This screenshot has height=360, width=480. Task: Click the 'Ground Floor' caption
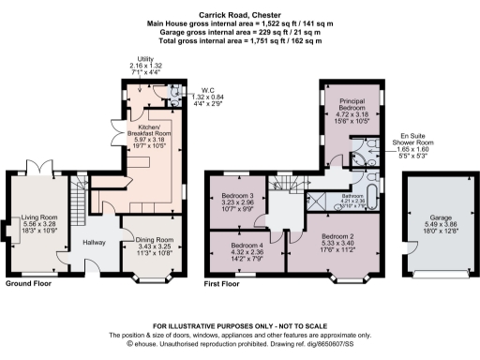[29, 282]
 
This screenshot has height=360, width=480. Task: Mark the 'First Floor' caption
[224, 282]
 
